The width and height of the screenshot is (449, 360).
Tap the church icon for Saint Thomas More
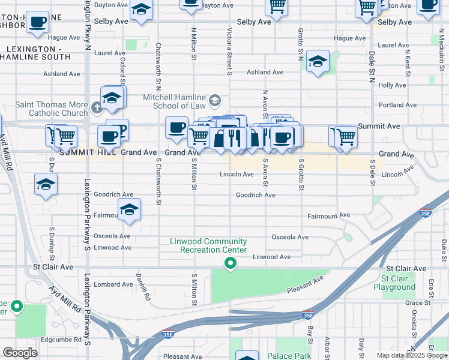tap(98, 109)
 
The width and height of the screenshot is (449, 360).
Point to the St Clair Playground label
tap(394, 283)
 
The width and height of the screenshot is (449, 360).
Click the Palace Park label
tap(289, 356)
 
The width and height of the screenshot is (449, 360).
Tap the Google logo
tap(20, 352)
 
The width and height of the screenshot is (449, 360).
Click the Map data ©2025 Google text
tap(412, 355)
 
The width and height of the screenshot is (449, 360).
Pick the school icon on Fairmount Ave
tap(128, 211)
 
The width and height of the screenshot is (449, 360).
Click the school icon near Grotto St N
tap(318, 62)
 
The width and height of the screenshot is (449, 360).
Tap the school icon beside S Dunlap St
tap(46, 185)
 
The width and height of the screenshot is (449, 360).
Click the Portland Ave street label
tap(397, 105)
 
